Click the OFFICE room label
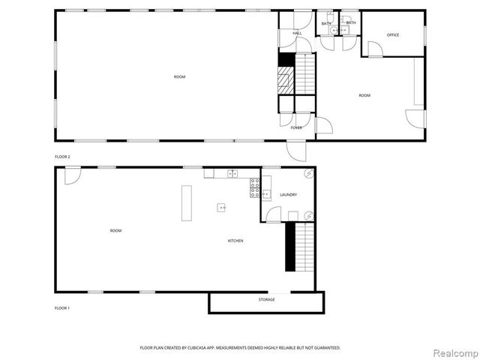point(393,35)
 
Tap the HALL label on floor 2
point(297,34)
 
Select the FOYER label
point(297,127)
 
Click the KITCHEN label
point(235,241)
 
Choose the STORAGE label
point(266,300)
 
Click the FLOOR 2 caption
point(62,157)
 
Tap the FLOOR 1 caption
point(62,308)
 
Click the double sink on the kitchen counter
point(232,174)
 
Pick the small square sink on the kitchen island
point(222,207)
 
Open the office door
point(374,49)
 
